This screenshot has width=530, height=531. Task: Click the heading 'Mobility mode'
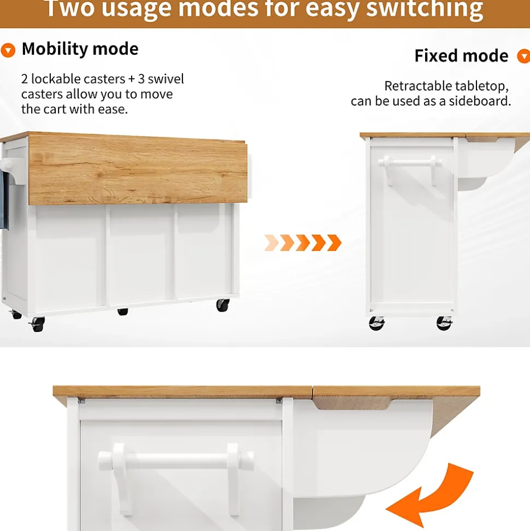pyautogui.click(x=80, y=49)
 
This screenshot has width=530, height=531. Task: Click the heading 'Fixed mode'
pyautogui.click(x=461, y=56)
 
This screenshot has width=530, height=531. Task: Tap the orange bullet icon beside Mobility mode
pyautogui.click(x=8, y=50)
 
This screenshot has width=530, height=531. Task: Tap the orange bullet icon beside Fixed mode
pyautogui.click(x=524, y=56)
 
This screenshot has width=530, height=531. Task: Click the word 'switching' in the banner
pyautogui.click(x=425, y=9)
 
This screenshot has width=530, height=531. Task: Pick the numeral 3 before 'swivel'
pyautogui.click(x=141, y=79)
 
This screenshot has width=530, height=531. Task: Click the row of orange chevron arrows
pyautogui.click(x=303, y=242)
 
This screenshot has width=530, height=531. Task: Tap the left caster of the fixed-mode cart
pyautogui.click(x=376, y=323)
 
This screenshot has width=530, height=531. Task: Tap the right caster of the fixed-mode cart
pyautogui.click(x=444, y=323)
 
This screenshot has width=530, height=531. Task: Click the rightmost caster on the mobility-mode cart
pyautogui.click(x=223, y=305)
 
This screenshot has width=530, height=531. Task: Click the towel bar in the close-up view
pyautogui.click(x=176, y=461)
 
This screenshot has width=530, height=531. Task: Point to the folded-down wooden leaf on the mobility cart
pyautogui.click(x=138, y=170)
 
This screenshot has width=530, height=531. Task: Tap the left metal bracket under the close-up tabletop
pyautogui.click(x=81, y=401)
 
